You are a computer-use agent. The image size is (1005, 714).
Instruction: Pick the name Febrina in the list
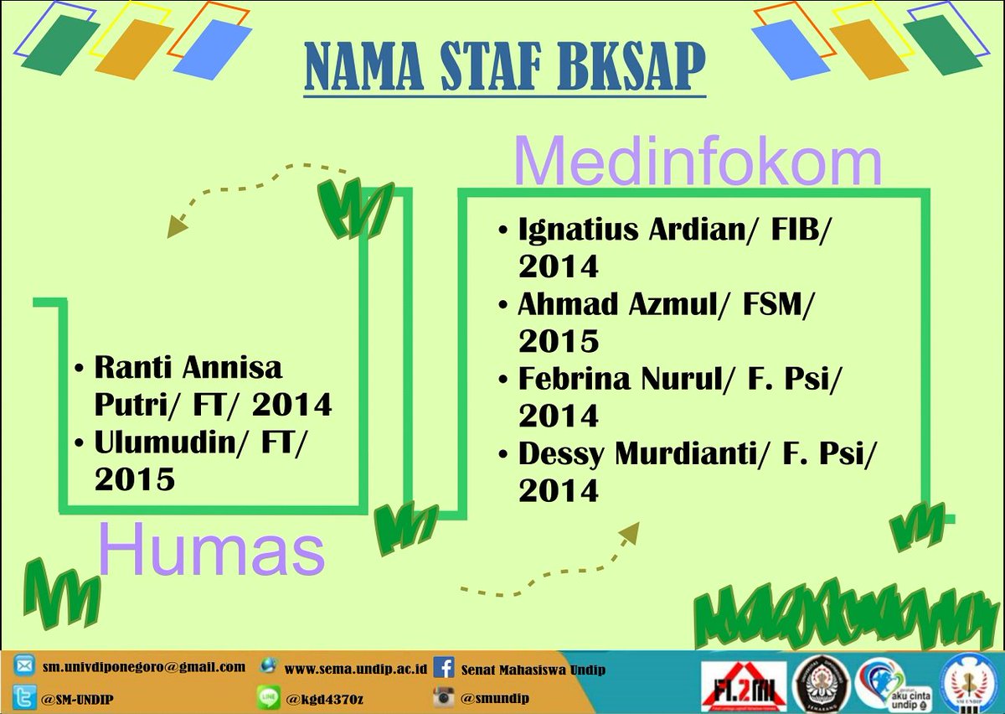(575, 378)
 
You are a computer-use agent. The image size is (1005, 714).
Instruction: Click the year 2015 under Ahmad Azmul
(559, 341)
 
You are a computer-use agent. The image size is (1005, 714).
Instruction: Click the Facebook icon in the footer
(445, 669)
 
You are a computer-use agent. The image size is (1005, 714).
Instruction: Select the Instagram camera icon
(445, 696)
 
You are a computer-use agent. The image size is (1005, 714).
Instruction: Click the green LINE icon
(269, 697)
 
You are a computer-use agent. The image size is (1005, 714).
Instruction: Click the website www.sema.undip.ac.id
(357, 669)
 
